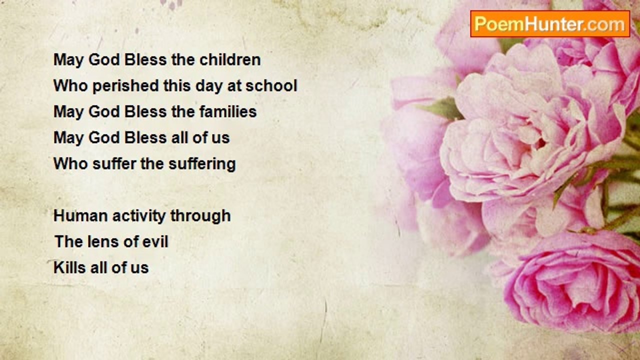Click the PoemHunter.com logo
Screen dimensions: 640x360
tap(550, 24)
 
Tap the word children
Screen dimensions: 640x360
tap(230, 59)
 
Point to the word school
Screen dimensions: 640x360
tap(271, 85)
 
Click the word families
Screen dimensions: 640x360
tap(227, 111)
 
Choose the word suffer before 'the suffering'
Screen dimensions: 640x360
tap(114, 163)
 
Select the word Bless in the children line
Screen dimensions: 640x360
tap(145, 59)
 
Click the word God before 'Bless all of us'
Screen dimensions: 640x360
tap(104, 137)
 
